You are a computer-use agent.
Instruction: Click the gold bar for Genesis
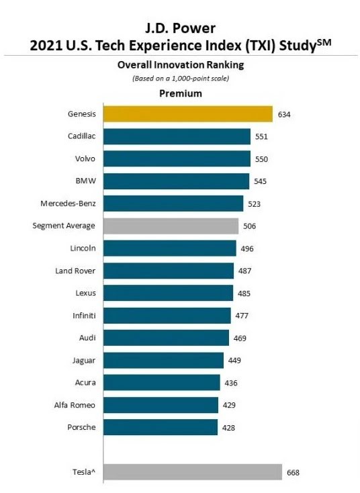point(188,114)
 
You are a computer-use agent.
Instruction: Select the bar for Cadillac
point(177,136)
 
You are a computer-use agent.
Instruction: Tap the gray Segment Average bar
point(171,226)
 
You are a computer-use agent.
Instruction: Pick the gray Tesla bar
point(193,472)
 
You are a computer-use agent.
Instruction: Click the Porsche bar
point(161,427)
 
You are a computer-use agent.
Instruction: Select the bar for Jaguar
point(163,360)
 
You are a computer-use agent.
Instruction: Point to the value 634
point(284,114)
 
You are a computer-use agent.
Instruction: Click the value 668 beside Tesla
point(293,473)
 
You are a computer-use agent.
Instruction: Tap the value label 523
point(254,204)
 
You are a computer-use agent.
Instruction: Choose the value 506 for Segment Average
point(249,226)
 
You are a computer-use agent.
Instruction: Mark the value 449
point(234,360)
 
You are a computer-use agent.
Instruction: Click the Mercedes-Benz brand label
point(68,204)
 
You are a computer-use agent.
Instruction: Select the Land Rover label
point(75,271)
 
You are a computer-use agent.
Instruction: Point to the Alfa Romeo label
point(75,405)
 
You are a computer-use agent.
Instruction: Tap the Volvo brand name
point(85,159)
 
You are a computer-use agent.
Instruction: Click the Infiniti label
point(84,316)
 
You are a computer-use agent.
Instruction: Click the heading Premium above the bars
point(181,93)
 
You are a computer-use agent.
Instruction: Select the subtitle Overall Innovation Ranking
point(181,64)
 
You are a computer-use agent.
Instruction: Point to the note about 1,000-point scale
point(181,79)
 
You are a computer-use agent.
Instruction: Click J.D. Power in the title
point(180,28)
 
